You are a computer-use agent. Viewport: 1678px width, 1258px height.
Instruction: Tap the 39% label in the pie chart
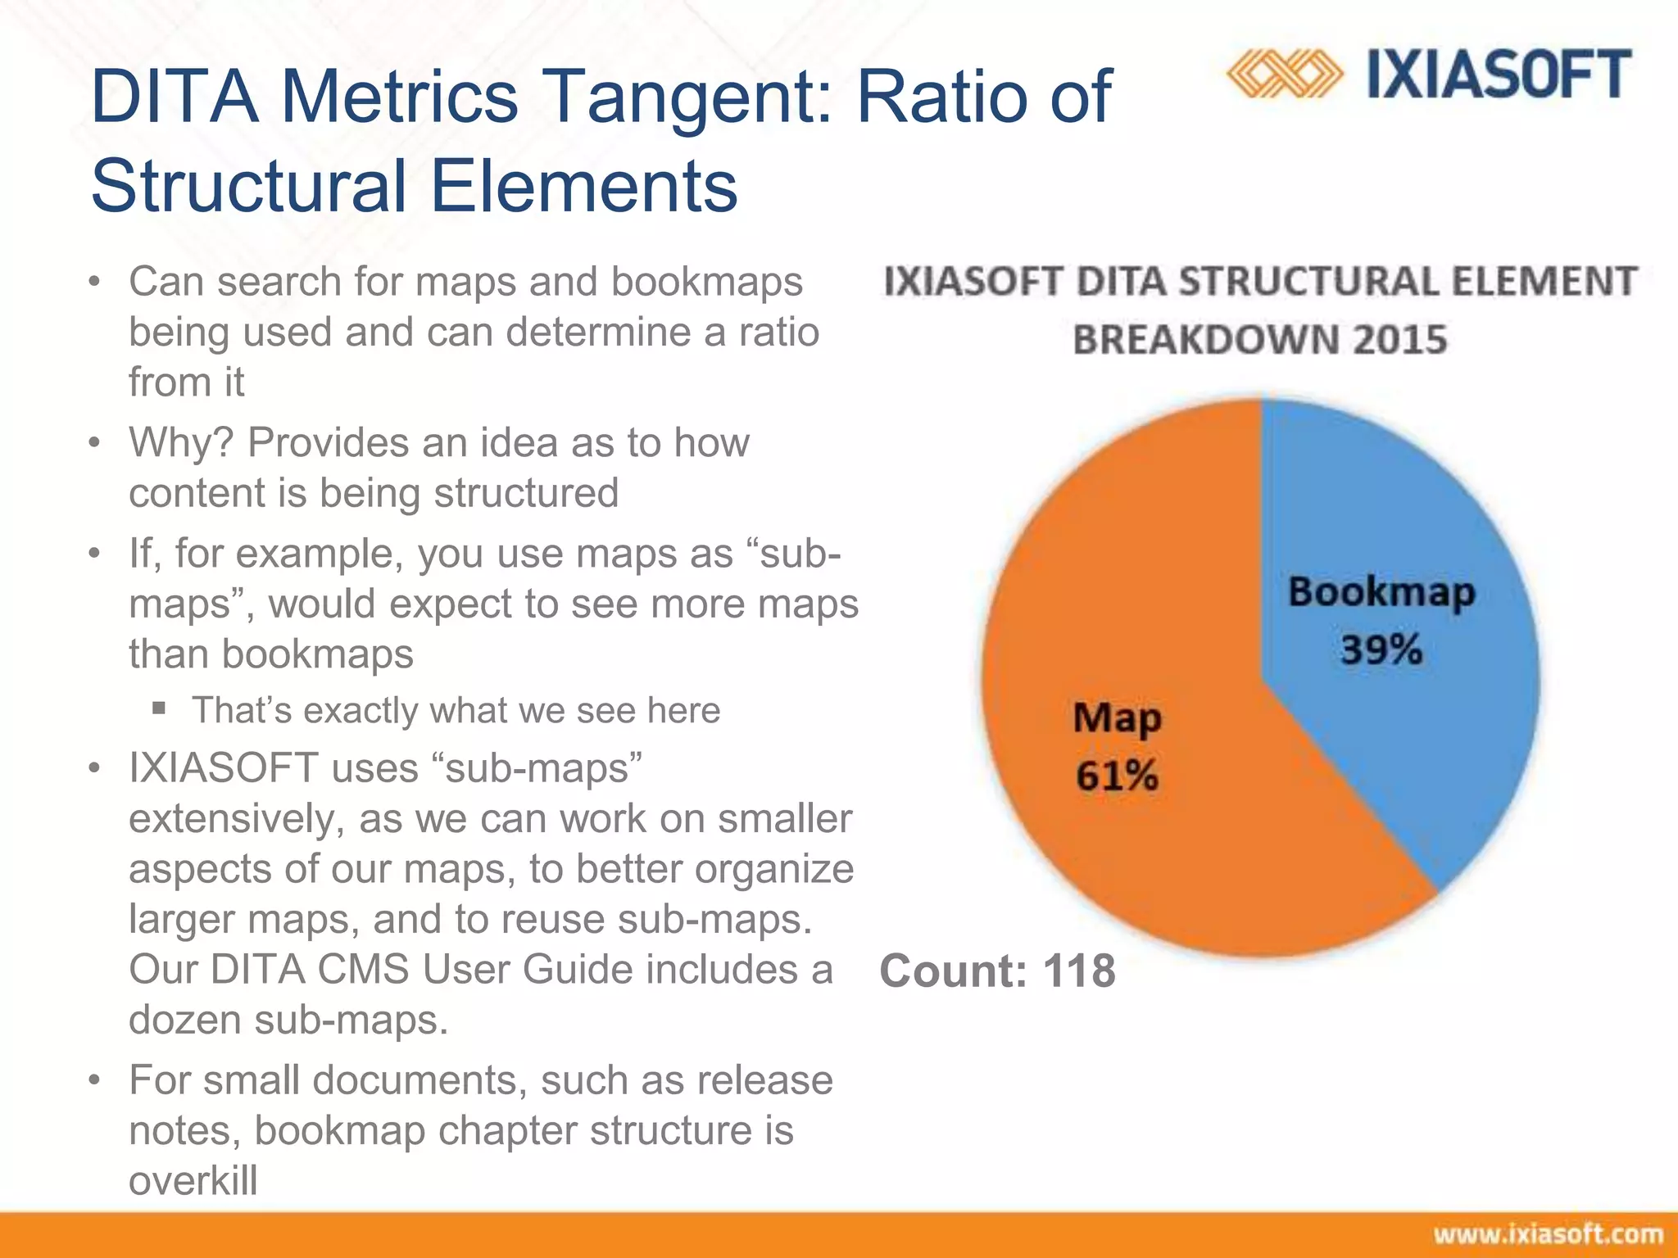[x=1381, y=650]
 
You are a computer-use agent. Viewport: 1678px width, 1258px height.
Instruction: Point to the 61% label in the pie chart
[x=1117, y=775]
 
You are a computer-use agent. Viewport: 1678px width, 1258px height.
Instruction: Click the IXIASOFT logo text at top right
[x=1499, y=75]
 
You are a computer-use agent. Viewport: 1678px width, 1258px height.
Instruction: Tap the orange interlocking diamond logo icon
[x=1284, y=75]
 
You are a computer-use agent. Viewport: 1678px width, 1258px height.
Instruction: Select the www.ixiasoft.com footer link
[x=1548, y=1234]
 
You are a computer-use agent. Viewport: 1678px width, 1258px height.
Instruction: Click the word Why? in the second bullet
[x=180, y=443]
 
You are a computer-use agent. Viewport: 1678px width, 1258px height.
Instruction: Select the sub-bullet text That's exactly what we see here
[x=456, y=710]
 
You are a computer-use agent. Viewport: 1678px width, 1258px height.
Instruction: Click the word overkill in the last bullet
[x=193, y=1181]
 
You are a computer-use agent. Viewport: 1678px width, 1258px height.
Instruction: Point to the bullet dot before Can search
[x=95, y=283]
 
